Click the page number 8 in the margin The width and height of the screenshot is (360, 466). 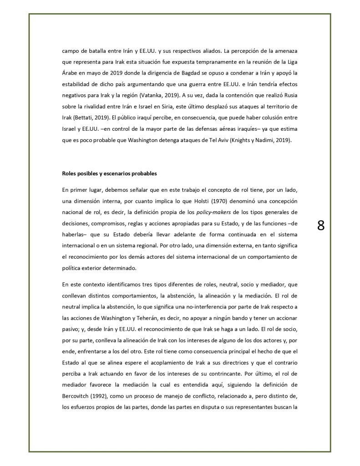click(320, 225)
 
